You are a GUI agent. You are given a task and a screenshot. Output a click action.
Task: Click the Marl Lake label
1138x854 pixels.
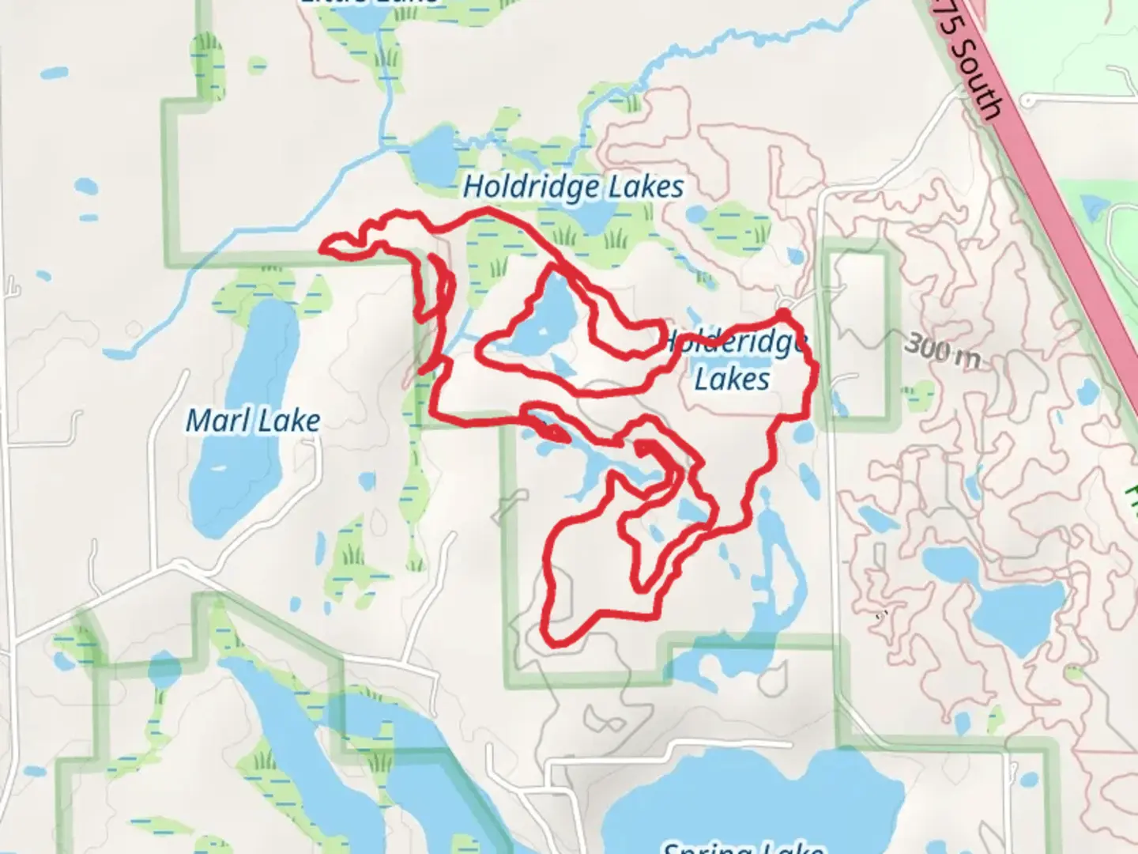coord(253,421)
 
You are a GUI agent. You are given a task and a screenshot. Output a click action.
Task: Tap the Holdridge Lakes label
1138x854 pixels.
coord(573,187)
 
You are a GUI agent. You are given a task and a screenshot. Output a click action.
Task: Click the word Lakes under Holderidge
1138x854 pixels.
coord(732,379)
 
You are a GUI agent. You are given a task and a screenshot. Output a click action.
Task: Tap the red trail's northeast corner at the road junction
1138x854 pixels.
coord(783,316)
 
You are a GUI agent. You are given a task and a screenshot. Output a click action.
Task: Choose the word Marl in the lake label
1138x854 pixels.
coord(212,421)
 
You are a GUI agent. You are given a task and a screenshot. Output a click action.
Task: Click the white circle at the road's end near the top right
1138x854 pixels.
coord(1027,101)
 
